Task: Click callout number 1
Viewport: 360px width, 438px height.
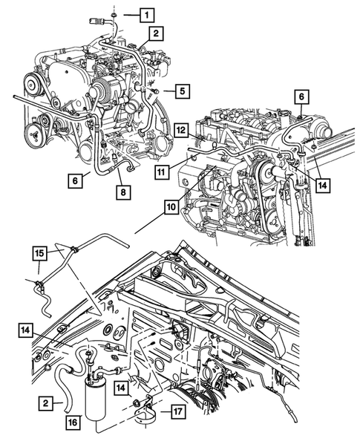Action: (148, 14)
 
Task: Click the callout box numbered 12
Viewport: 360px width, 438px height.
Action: (182, 130)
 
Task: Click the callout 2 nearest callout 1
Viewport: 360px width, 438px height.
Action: (156, 33)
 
